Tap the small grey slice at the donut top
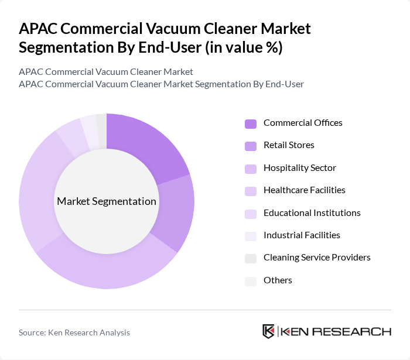pyautogui.click(x=101, y=124)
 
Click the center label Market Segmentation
pyautogui.click(x=107, y=201)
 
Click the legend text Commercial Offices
pyautogui.click(x=303, y=123)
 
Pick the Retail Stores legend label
pyautogui.click(x=289, y=145)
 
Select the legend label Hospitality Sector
pyautogui.click(x=299, y=168)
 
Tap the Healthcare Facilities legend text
pyautogui.click(x=304, y=190)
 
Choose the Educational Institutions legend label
pyautogui.click(x=312, y=213)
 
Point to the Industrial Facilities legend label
pyautogui.click(x=302, y=235)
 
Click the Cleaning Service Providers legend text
pyautogui.click(x=317, y=258)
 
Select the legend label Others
pyautogui.click(x=278, y=280)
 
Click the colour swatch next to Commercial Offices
pyautogui.click(x=251, y=124)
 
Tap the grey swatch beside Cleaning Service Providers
pyautogui.click(x=251, y=258)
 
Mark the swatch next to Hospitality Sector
pyautogui.click(x=251, y=169)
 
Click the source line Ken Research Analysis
pyautogui.click(x=74, y=332)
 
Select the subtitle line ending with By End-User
pyautogui.click(x=161, y=84)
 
